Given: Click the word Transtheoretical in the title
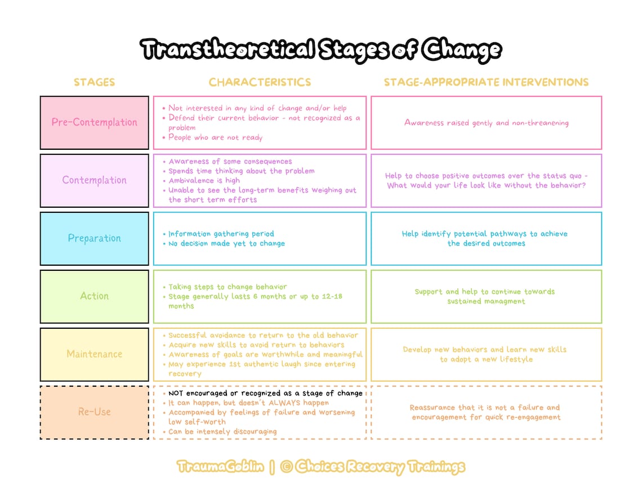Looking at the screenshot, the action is pyautogui.click(x=226, y=50).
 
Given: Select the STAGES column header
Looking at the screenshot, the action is pyautogui.click(x=94, y=82).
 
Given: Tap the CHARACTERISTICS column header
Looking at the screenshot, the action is pyautogui.click(x=260, y=82).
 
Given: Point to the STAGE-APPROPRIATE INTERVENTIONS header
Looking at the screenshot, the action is pyautogui.click(x=486, y=82).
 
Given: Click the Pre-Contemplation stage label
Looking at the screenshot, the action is pyautogui.click(x=94, y=122).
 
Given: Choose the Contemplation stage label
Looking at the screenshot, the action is pyautogui.click(x=94, y=180).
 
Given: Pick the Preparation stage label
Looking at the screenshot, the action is pyautogui.click(x=94, y=238).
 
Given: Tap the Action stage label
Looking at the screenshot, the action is pyautogui.click(x=94, y=296).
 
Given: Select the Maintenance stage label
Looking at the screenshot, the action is pyautogui.click(x=94, y=354).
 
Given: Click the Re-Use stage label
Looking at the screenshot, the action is pyautogui.click(x=94, y=412).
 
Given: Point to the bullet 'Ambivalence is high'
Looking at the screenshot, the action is pyautogui.click(x=204, y=181).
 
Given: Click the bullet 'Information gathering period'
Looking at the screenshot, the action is pyautogui.click(x=221, y=234).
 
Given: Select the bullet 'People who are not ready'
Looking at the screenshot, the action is pyautogui.click(x=215, y=137).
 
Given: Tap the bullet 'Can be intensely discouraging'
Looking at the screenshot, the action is pyautogui.click(x=222, y=432).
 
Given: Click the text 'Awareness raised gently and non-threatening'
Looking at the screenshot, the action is pyautogui.click(x=486, y=123).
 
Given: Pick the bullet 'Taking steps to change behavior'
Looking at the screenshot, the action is pyautogui.click(x=228, y=287).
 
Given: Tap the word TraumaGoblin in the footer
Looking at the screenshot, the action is pyautogui.click(x=220, y=467).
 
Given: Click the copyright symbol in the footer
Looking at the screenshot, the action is pyautogui.click(x=286, y=467).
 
